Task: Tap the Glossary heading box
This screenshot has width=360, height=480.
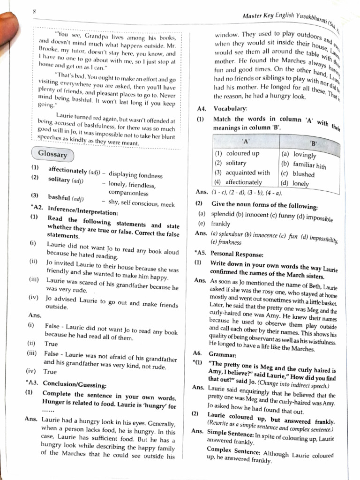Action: pyautogui.click(x=52, y=154)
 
